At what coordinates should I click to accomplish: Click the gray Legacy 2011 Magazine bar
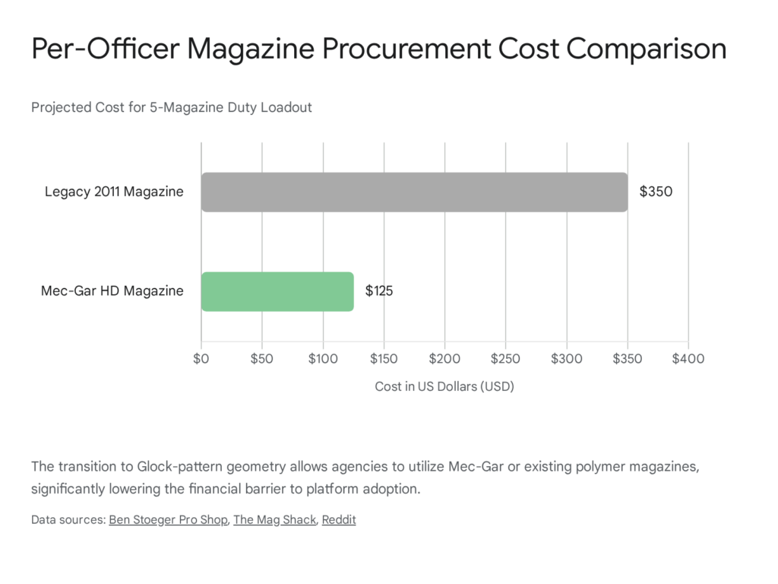point(414,192)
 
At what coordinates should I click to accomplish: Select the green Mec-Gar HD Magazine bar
point(277,291)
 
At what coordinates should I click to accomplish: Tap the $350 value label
point(656,192)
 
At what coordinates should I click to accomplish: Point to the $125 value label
point(379,291)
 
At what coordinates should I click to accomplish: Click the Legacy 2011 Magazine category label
point(114,192)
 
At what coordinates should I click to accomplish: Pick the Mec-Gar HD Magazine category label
point(112,291)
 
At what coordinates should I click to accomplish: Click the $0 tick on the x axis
point(201,358)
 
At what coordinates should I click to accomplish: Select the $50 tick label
point(262,358)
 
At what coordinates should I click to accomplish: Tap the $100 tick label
point(323,358)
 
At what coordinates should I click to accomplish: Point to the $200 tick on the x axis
point(444,358)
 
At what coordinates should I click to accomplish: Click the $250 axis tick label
point(505,358)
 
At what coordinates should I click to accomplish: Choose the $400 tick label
point(688,358)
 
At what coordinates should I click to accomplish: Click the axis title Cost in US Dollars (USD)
point(444,387)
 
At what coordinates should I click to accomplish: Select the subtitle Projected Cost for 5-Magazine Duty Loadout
point(172,107)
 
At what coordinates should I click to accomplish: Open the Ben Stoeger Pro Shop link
point(168,520)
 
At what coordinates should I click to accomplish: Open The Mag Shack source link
point(274,520)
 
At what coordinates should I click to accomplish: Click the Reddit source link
point(339,520)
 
